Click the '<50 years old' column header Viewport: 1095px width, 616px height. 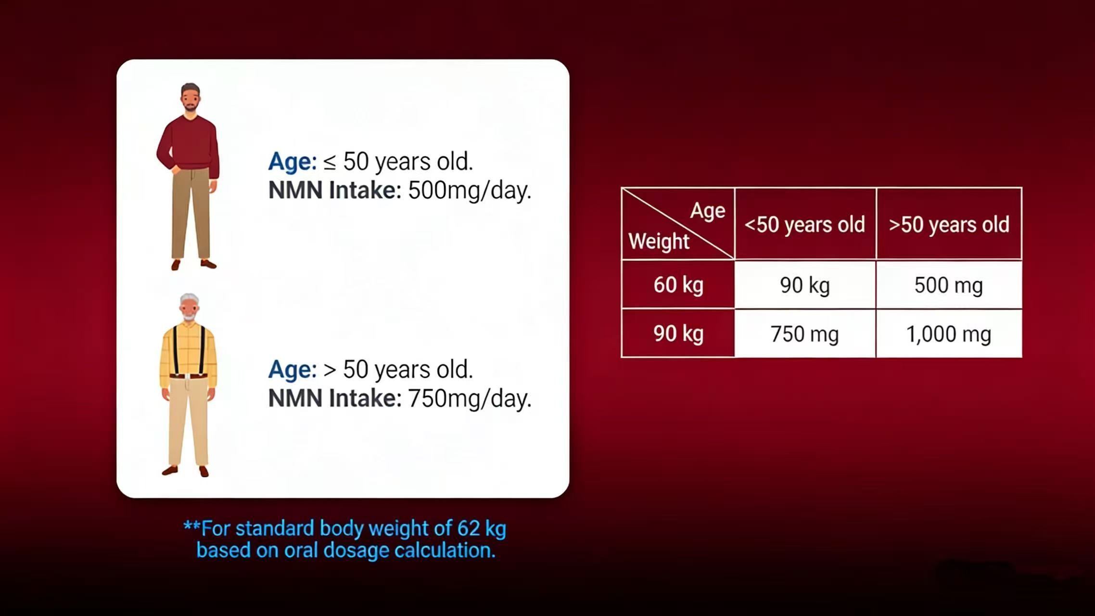coord(805,224)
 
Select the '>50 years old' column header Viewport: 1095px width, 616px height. coord(949,224)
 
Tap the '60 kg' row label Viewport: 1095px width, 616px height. coord(678,285)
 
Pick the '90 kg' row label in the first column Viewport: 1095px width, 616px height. coord(678,334)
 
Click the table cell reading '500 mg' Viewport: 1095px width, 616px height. coord(949,285)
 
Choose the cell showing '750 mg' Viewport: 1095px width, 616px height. coord(805,334)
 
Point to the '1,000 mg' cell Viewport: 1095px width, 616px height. coord(949,334)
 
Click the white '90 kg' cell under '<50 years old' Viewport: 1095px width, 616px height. coord(805,285)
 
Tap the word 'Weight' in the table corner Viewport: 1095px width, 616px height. coord(659,241)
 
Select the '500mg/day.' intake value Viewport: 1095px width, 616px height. coord(470,191)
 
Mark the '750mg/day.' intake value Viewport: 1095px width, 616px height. coord(470,398)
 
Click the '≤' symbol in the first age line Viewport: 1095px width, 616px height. coord(330,163)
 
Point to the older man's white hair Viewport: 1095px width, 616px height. coord(190,299)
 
